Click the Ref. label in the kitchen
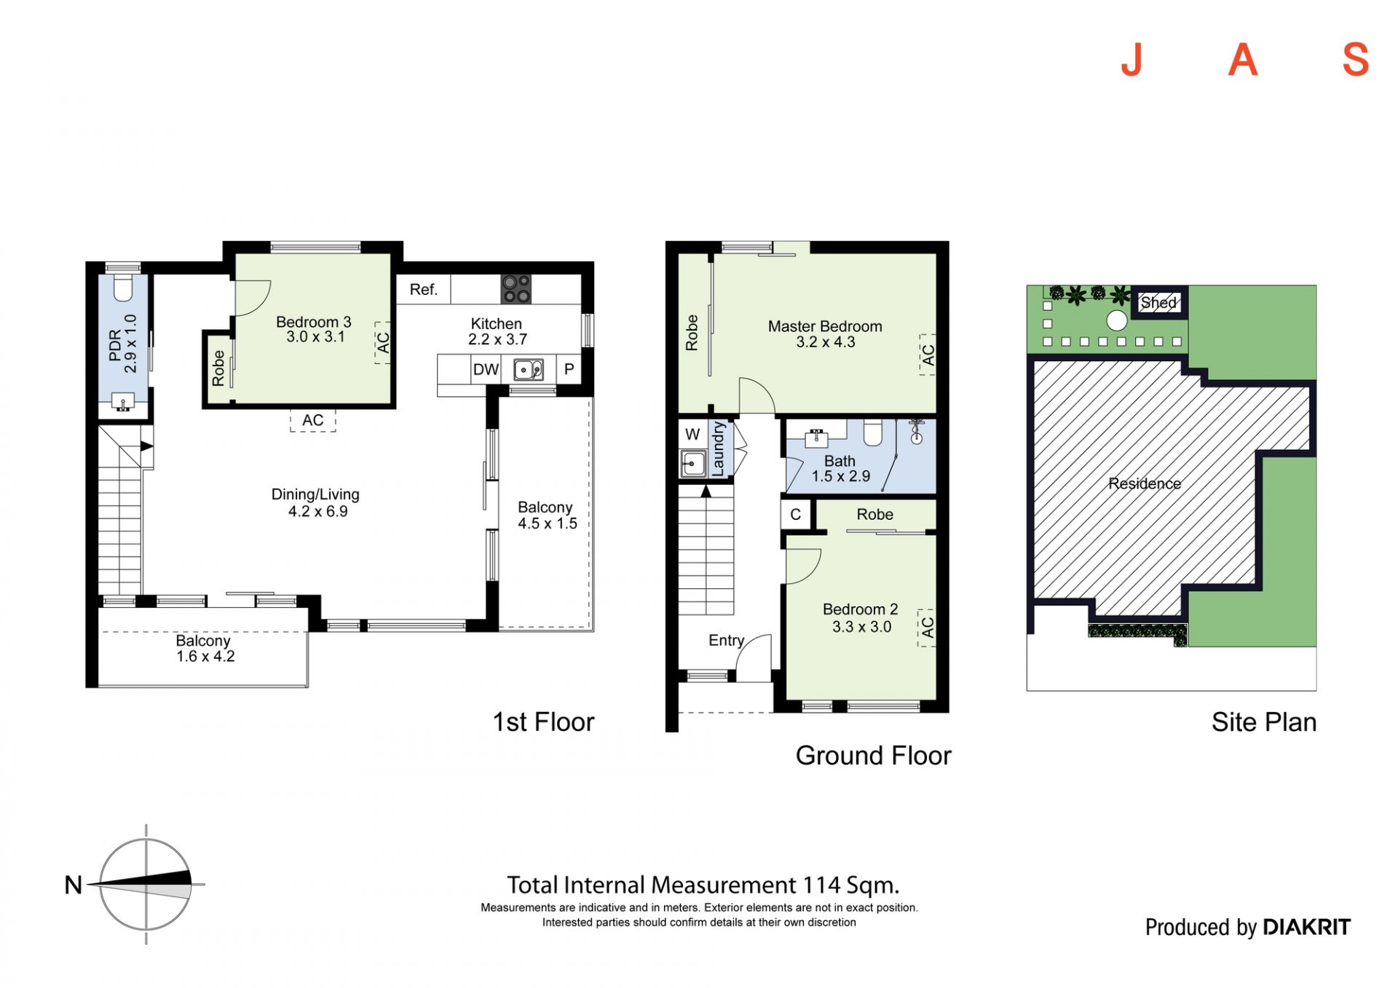click(423, 289)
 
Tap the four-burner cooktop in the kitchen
click(516, 289)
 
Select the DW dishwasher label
click(486, 369)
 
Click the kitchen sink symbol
click(529, 370)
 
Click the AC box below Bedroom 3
click(313, 420)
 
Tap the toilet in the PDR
click(123, 288)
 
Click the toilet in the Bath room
click(872, 432)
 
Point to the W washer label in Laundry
click(692, 435)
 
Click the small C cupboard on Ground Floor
click(796, 514)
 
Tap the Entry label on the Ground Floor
click(726, 640)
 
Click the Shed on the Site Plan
click(1158, 302)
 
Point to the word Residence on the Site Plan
click(1145, 483)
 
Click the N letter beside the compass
click(74, 885)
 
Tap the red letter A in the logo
click(1243, 60)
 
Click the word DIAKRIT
click(1306, 927)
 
